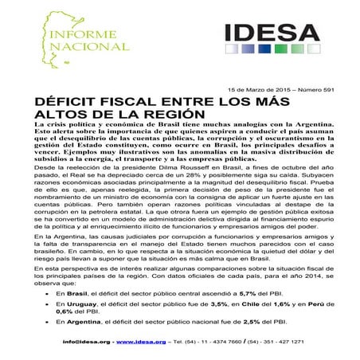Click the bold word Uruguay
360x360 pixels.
coord(71,303)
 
